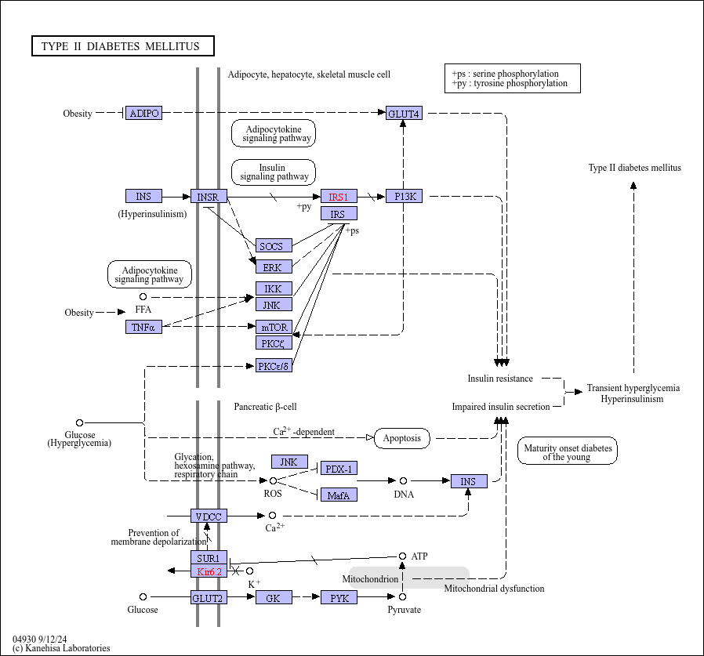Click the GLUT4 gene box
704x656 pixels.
(404, 113)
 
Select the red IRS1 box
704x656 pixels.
(339, 196)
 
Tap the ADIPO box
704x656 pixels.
(143, 113)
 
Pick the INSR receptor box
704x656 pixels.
(209, 196)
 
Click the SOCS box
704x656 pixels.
(274, 245)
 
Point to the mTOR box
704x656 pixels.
(274, 327)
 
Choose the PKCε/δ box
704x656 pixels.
(274, 365)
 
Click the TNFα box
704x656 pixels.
(143, 327)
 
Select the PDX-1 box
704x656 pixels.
(339, 469)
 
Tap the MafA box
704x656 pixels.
(339, 495)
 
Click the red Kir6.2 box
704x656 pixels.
(209, 571)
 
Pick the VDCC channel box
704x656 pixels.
(209, 516)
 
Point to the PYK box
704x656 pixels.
(339, 597)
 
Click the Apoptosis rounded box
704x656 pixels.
(402, 438)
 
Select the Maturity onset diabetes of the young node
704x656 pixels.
(568, 451)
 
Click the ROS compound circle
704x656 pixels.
(273, 481)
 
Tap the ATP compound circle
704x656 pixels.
(403, 556)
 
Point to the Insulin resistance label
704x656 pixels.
(500, 379)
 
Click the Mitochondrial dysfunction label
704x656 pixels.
(494, 589)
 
